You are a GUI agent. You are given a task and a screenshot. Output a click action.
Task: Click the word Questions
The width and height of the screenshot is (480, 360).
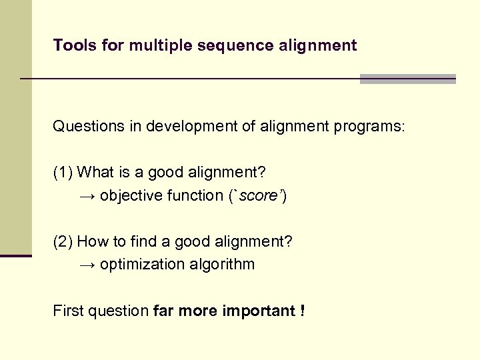coord(87,127)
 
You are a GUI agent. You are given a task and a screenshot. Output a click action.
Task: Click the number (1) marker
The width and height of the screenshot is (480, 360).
coord(63,173)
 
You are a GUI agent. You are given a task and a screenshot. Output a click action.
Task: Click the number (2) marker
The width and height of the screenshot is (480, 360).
coord(63,241)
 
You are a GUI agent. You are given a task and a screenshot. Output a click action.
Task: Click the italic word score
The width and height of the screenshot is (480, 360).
coord(256,196)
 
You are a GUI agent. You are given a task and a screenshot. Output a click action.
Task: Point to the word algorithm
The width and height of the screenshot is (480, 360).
coord(223,265)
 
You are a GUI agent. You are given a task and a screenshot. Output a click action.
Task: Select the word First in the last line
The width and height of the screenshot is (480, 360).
coord(68,311)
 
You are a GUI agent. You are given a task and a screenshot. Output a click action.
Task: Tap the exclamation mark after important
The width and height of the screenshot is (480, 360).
coord(302,311)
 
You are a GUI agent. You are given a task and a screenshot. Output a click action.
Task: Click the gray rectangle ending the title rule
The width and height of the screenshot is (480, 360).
coord(407,79)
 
